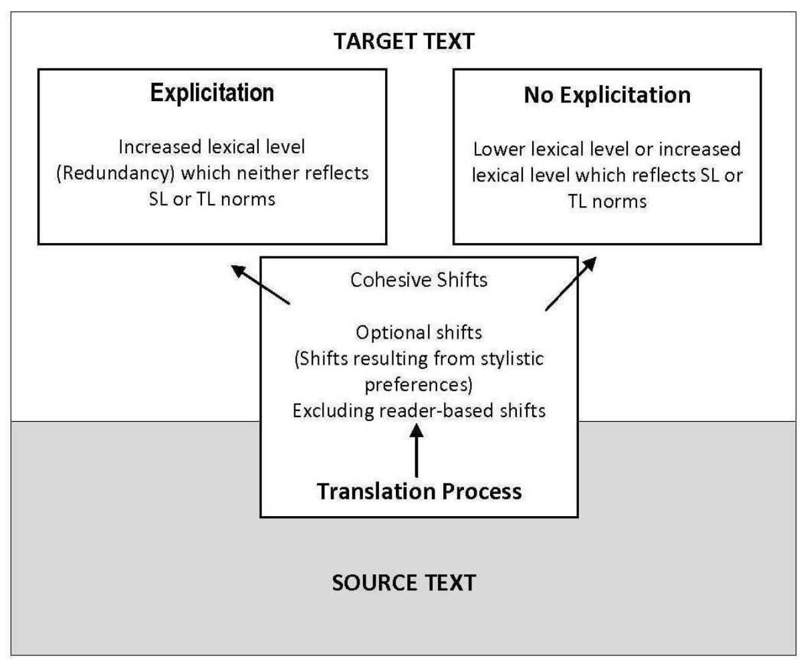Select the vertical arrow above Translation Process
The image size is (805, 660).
coord(417,453)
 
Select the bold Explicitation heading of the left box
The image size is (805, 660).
coord(212,94)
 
